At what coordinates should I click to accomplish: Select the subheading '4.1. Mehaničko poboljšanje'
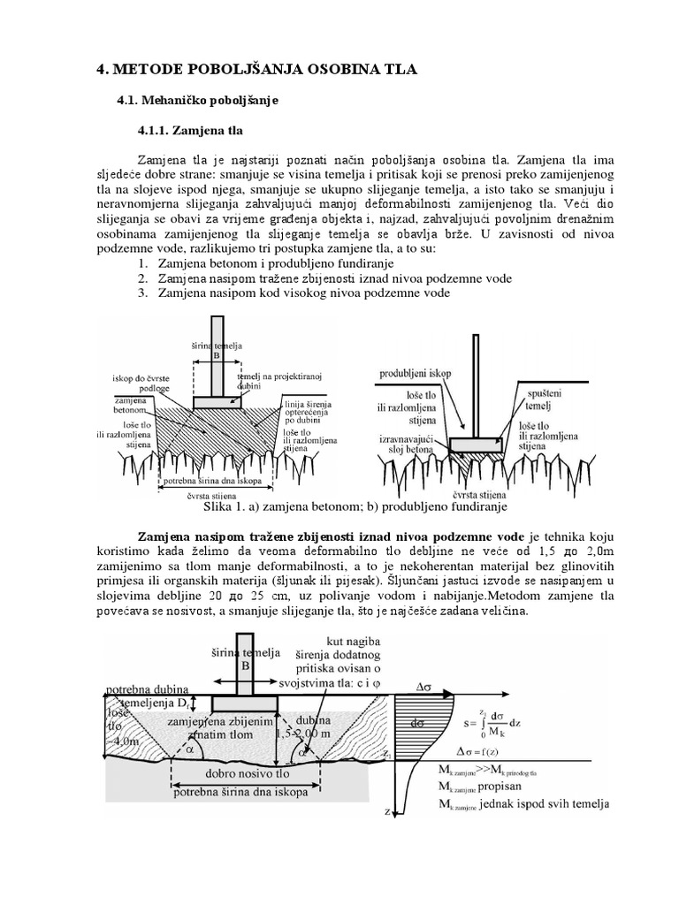[197, 102]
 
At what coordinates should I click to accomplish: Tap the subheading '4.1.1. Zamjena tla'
[189, 131]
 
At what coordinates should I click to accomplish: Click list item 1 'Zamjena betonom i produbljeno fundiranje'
[275, 263]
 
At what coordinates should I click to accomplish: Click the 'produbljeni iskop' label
[416, 373]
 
